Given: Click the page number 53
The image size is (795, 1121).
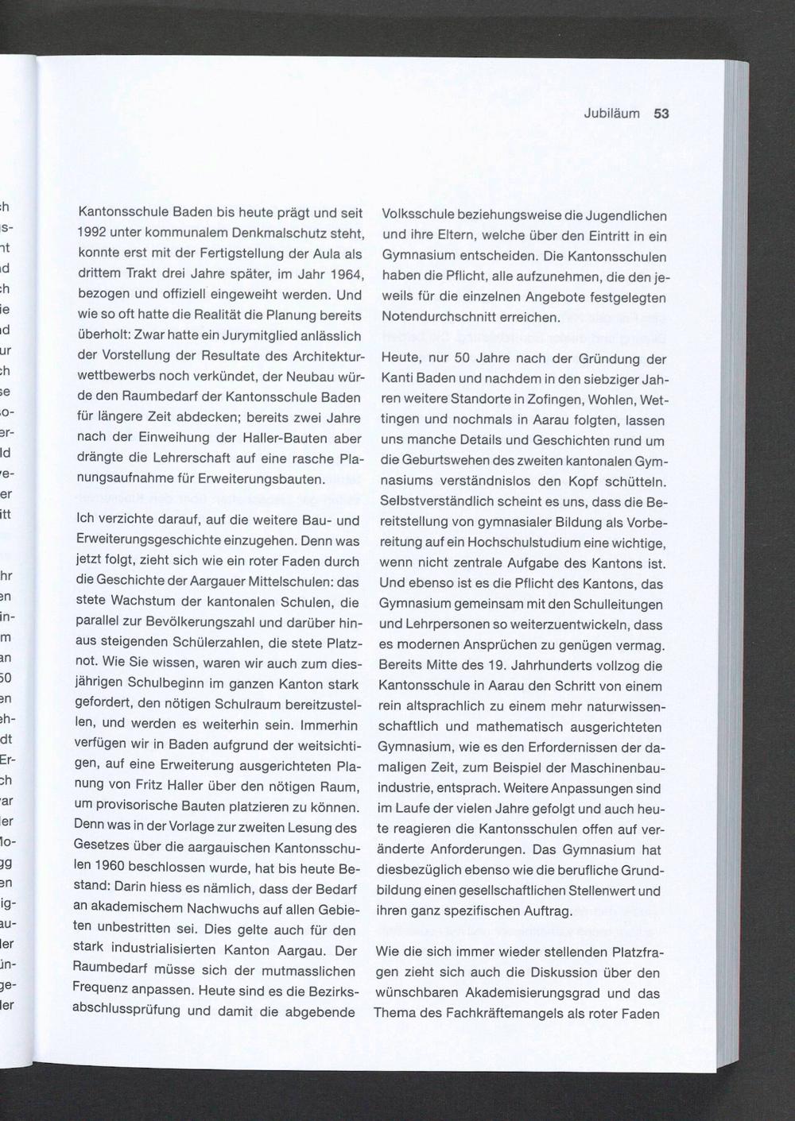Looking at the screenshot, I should [661, 114].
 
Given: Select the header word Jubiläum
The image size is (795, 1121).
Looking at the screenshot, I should [611, 114].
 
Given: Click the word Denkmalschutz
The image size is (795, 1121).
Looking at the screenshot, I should [258, 234].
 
